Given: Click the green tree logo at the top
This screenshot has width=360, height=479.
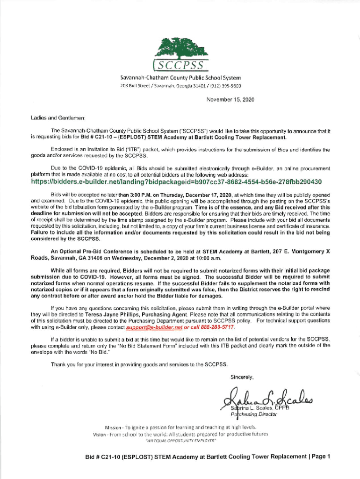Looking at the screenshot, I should click(182, 47).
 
